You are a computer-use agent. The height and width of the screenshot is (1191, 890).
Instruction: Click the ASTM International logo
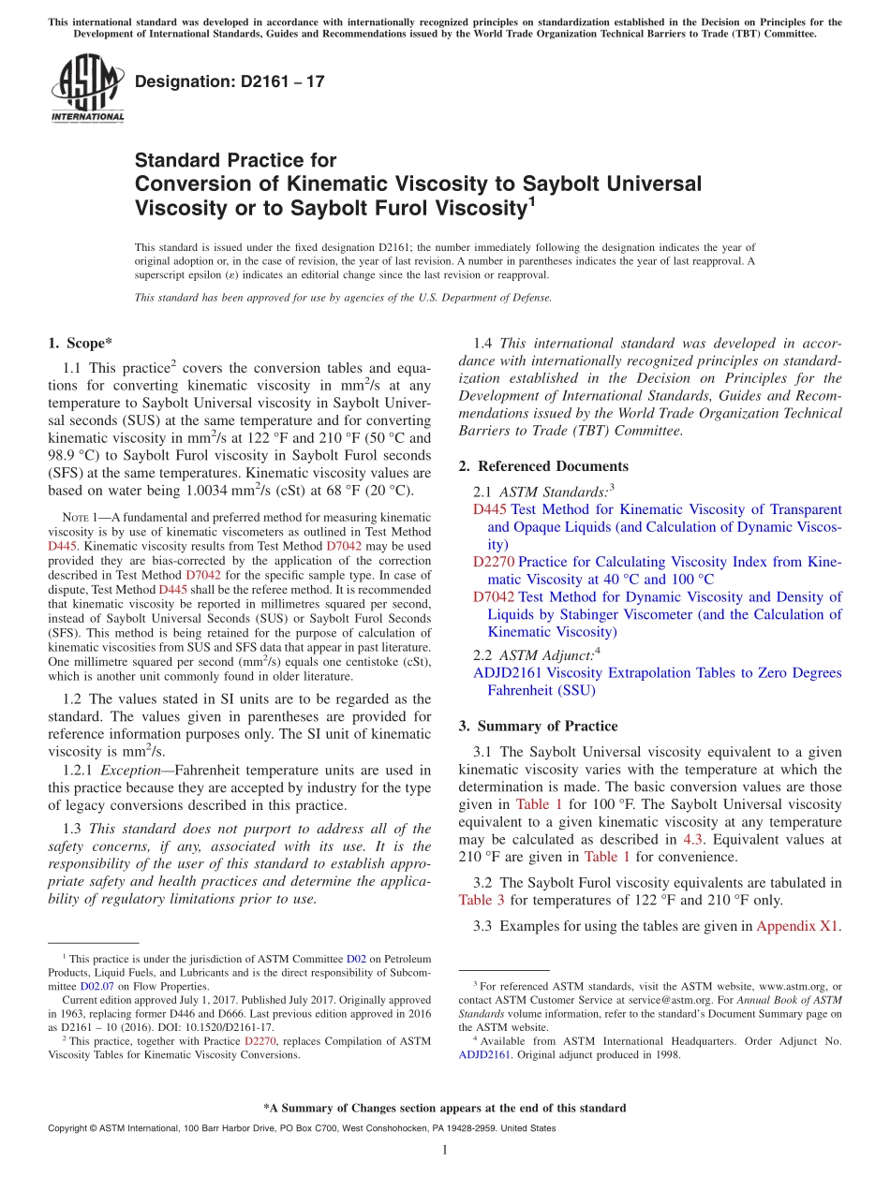pos(87,88)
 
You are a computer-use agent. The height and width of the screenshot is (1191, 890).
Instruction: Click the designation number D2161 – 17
pos(230,81)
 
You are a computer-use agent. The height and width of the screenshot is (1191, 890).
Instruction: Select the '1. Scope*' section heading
pos(80,344)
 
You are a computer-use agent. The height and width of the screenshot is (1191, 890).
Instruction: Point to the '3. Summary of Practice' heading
pos(538,726)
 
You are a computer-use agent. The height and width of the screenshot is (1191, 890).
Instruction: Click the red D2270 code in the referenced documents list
pos(493,562)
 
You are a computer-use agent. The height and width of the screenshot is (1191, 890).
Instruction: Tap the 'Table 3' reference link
pos(482,900)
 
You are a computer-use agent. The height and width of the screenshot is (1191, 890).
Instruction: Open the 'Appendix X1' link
pos(797,926)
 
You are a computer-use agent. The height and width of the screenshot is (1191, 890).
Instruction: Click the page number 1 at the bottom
pos(445,1150)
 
